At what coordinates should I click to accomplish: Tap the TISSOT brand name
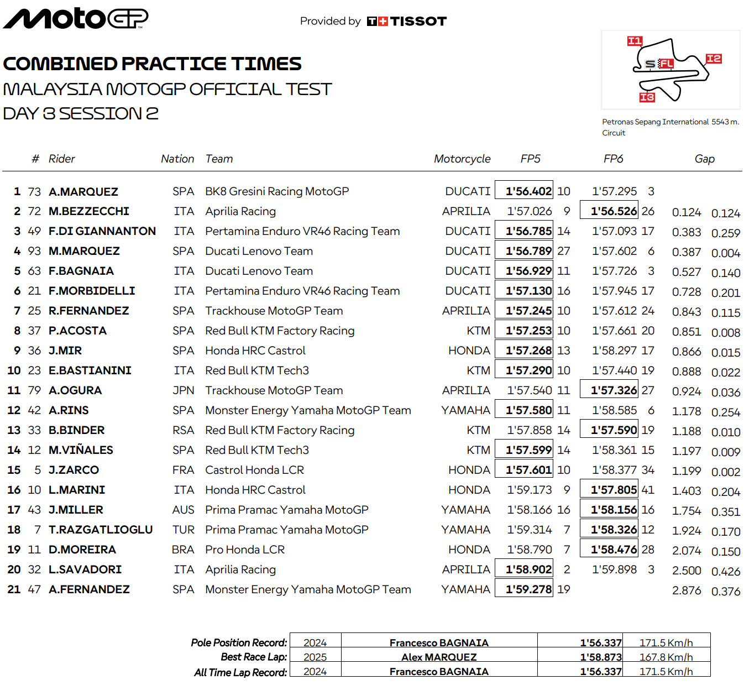tap(418, 21)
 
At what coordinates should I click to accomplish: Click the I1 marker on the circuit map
tap(635, 41)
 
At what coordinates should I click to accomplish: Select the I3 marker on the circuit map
tap(647, 97)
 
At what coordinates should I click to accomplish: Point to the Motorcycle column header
tap(462, 159)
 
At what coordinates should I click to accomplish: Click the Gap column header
tap(704, 159)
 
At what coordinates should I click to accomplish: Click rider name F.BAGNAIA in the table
tap(81, 271)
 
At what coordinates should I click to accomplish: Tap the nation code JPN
tap(183, 390)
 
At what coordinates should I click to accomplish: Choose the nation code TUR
tap(183, 530)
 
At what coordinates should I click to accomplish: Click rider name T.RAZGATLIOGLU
tap(101, 530)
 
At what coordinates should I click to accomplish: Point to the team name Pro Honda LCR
tap(245, 550)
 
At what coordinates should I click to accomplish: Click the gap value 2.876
tap(687, 590)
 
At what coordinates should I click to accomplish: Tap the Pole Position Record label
tap(239, 642)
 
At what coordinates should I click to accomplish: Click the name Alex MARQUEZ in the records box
tap(439, 657)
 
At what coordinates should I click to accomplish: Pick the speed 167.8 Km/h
tap(666, 657)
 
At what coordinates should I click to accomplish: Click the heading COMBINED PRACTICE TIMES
tap(152, 64)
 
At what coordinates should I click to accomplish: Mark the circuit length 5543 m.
tap(725, 122)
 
